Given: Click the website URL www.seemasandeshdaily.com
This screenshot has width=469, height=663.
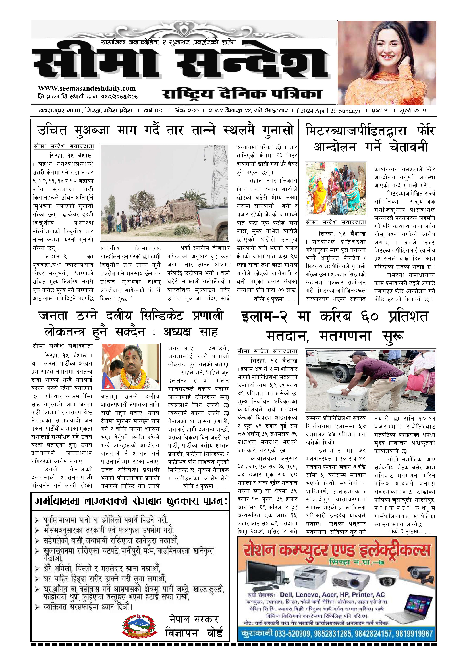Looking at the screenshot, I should pos(87,88).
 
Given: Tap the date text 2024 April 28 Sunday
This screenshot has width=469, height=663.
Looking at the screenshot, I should pos(328,111).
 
